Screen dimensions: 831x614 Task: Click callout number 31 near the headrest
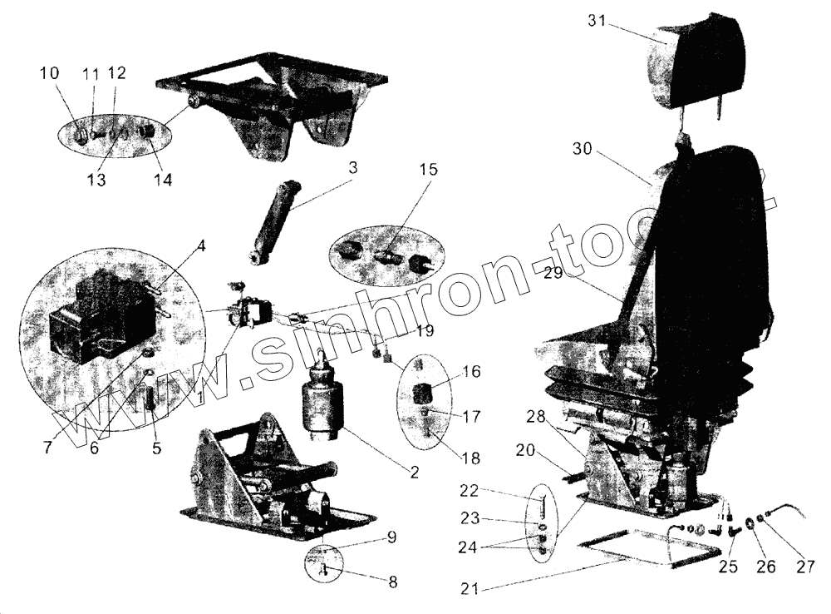tap(597, 21)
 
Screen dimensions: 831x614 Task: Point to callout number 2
tap(413, 472)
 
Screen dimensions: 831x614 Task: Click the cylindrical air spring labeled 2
tap(322, 404)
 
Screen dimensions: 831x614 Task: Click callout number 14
tap(163, 179)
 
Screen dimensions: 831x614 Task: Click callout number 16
tap(470, 372)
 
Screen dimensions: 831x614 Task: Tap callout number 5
tap(156, 448)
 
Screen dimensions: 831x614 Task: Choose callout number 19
tap(425, 330)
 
